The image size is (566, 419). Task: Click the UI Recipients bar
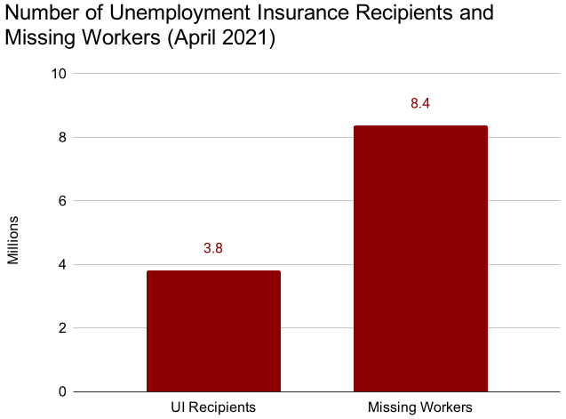(213, 331)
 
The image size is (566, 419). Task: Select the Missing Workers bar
(420, 259)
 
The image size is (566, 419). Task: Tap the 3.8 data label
(213, 248)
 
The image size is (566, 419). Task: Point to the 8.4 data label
(420, 103)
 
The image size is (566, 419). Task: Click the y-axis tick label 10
(59, 74)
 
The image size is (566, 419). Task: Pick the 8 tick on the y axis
(63, 137)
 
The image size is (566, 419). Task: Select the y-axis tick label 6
(63, 201)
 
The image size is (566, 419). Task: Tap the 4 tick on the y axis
(63, 264)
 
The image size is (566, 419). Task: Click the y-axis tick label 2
(63, 328)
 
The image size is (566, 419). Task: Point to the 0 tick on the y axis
(63, 391)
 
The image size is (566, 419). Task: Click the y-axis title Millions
(13, 240)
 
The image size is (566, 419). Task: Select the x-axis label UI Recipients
(213, 407)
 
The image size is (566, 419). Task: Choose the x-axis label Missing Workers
(420, 407)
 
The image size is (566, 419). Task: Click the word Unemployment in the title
(179, 13)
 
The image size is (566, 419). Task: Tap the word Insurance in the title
(303, 12)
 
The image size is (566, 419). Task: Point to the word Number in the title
(42, 12)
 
